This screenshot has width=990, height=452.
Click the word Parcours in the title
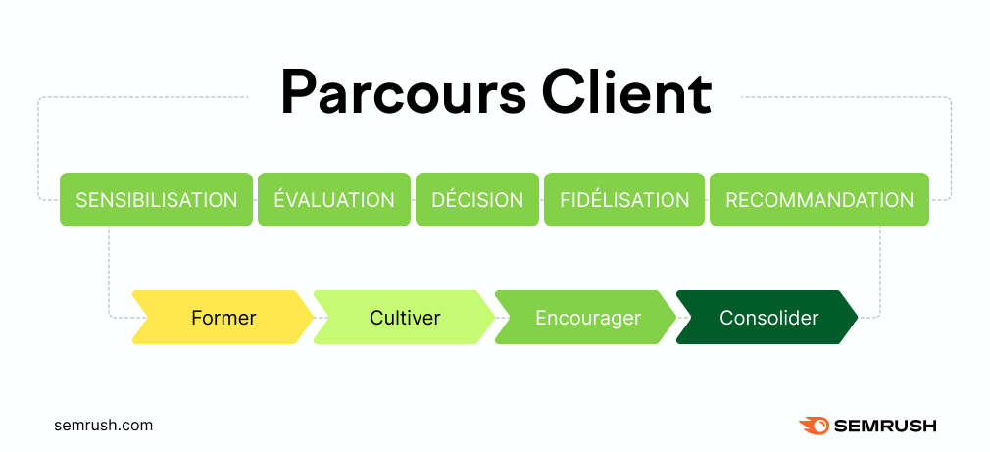(x=403, y=94)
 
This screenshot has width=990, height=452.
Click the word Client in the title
(x=626, y=93)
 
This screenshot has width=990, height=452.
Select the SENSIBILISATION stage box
(x=156, y=199)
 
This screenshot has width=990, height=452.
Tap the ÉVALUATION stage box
(x=334, y=199)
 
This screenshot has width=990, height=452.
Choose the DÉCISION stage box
(x=477, y=199)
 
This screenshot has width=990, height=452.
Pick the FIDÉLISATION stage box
(x=624, y=199)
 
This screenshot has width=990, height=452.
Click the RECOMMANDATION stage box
(x=819, y=199)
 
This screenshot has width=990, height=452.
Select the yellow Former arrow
(x=223, y=318)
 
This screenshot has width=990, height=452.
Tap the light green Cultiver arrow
(x=404, y=318)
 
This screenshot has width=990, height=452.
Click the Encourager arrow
(x=585, y=318)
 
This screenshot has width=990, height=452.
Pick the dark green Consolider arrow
(x=767, y=318)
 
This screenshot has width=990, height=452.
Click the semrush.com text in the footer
(x=104, y=426)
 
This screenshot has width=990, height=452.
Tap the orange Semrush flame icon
(x=815, y=427)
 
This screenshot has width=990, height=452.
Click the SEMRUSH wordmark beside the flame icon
(x=886, y=427)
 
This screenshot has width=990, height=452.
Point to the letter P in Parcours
(x=301, y=94)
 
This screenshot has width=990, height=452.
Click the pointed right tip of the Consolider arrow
(x=858, y=318)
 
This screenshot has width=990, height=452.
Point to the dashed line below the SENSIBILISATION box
(x=109, y=272)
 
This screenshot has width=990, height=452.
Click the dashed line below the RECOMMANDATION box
(x=879, y=272)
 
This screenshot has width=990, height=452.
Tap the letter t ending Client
(x=702, y=97)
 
